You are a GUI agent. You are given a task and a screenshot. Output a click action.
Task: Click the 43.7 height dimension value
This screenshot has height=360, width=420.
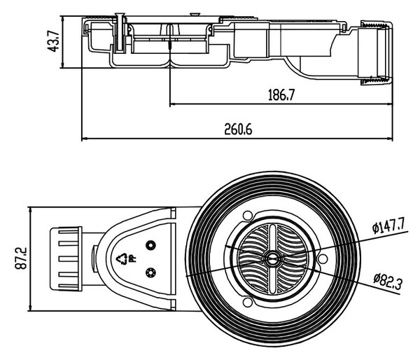point(53,41)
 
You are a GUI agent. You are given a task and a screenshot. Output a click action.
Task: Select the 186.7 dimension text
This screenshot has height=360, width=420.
point(281,95)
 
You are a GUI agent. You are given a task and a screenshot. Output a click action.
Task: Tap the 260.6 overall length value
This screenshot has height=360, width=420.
point(238,129)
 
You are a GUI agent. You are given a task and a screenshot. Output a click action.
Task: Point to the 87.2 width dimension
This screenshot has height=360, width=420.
point(21,258)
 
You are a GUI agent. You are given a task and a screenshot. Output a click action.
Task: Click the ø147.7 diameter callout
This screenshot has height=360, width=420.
point(389,227)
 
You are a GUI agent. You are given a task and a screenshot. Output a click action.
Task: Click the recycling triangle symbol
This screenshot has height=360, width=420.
point(122,258)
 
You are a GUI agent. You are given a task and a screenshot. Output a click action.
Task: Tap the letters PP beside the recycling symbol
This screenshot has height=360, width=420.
point(132,258)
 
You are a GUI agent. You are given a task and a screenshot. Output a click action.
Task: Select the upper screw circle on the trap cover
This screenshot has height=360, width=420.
point(150,245)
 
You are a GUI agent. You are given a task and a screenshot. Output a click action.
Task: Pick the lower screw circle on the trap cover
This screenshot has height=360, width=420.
point(150,272)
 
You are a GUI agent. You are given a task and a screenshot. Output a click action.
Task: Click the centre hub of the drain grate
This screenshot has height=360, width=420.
point(272,258)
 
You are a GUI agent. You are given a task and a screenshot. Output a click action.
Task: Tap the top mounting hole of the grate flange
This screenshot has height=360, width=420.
point(248,215)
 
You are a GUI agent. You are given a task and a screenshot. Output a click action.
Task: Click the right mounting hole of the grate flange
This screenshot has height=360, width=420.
point(323,258)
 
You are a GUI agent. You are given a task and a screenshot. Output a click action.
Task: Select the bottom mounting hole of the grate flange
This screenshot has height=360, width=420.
point(248,302)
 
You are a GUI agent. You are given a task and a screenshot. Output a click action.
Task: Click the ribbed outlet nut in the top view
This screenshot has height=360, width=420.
point(66,258)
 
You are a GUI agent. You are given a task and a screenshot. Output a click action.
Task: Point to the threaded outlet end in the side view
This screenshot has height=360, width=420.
point(377,53)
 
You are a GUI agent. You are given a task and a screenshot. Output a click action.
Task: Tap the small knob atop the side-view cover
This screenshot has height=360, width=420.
point(195,14)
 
